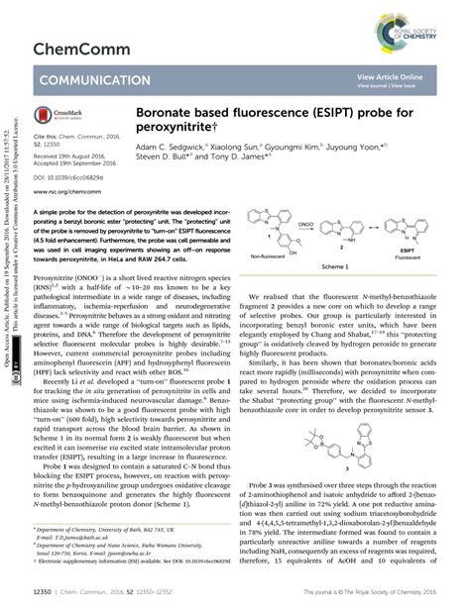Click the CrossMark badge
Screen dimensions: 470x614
pos(59,116)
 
